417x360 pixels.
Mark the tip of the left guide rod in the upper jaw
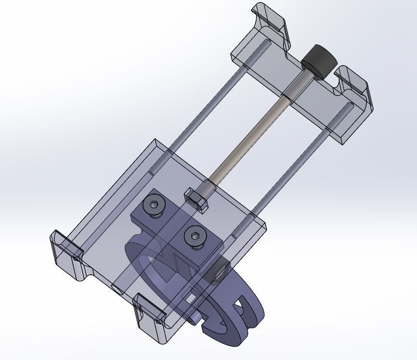tap(266, 43)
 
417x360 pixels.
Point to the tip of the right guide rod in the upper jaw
tap(348, 105)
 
